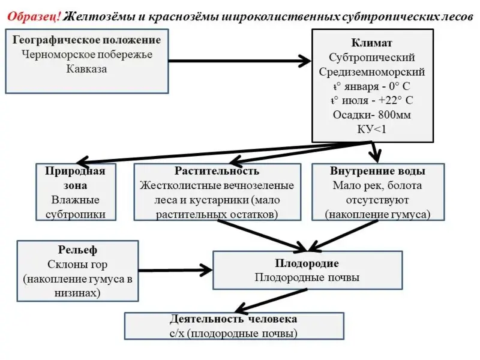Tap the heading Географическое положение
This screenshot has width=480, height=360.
pos(86,40)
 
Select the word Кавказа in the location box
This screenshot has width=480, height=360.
pos(86,68)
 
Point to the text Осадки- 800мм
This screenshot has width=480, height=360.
pos(371,115)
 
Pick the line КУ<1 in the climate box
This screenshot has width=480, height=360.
pos(371,129)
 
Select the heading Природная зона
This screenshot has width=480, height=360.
pos(75,178)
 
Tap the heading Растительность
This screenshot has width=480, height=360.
pos(217,171)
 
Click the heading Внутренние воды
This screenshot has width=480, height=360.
pos(377,171)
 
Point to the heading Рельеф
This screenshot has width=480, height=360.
pos(78,250)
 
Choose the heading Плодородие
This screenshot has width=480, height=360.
pos(307,263)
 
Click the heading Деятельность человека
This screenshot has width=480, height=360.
pos(233,319)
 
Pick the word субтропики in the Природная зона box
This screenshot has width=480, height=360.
pos(75,214)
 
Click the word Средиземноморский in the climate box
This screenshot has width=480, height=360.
pos(371,72)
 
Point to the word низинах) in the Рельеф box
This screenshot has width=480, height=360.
pos(78,293)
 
